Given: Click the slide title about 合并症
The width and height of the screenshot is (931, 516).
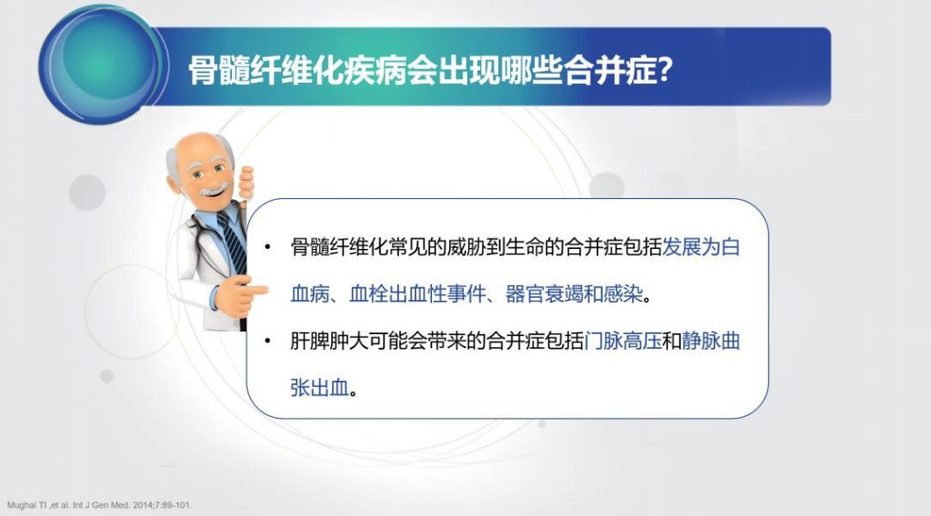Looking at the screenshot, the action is coord(430,71).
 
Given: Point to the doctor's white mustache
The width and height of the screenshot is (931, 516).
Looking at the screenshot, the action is coord(214,191).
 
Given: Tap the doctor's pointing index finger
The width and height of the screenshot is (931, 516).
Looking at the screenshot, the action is coord(255,290).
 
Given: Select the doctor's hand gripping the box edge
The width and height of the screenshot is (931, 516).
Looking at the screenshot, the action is coord(245,182).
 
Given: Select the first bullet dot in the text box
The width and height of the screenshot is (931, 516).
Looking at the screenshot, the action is coord(267,247).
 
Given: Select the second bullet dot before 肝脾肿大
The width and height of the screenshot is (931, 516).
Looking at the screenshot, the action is coord(267,341).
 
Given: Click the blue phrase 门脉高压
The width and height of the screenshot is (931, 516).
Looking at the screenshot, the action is coord(623,341).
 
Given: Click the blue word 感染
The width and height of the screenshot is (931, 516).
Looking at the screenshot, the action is coord(624,293).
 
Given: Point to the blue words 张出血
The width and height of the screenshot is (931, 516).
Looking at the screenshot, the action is coord(319,388).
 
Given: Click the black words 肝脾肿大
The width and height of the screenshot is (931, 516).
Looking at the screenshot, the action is coord(329,341).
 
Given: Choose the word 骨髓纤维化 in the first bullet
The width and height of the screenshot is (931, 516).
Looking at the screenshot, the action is coord(339,247).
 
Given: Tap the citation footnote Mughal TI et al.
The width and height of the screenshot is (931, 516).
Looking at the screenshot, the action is coord(100,505).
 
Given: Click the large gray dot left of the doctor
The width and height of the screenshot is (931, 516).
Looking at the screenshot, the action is coord(87,193).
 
